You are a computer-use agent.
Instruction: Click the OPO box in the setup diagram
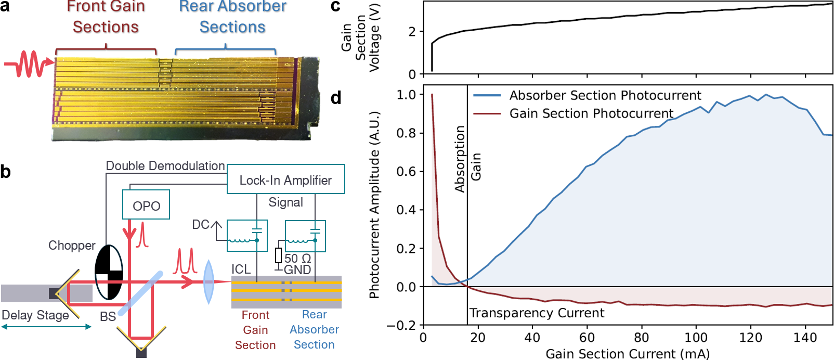pyautogui.click(x=146, y=205)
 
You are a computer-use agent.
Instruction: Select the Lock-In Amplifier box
pyautogui.click(x=285, y=179)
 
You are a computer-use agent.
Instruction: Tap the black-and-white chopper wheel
pyautogui.click(x=109, y=272)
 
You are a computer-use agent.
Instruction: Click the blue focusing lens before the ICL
pyautogui.click(x=208, y=282)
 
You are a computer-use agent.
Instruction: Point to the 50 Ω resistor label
pyautogui.click(x=297, y=258)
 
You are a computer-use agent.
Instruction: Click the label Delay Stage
pyautogui.click(x=35, y=315)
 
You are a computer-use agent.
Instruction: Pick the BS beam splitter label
pyautogui.click(x=108, y=316)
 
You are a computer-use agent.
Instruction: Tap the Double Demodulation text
pyautogui.click(x=165, y=166)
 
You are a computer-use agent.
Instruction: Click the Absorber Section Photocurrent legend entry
pyautogui.click(x=605, y=95)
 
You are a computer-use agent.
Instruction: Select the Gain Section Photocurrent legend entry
pyautogui.click(x=591, y=113)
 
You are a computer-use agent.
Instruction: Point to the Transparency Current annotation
pyautogui.click(x=537, y=313)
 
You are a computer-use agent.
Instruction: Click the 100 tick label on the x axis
pyautogui.click(x=696, y=338)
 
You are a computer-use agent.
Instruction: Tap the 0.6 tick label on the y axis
pyautogui.click(x=406, y=171)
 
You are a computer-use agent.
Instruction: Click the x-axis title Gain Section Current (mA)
pyautogui.click(x=628, y=354)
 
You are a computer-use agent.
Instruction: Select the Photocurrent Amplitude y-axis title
pyautogui.click(x=374, y=204)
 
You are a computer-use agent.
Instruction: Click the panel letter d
pyautogui.click(x=336, y=98)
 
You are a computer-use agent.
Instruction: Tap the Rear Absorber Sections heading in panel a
pyautogui.click(x=232, y=17)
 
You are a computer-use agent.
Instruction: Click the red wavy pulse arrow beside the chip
pyautogui.click(x=29, y=63)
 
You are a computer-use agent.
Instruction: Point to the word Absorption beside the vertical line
pyautogui.click(x=460, y=159)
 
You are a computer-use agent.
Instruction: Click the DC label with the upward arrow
pyautogui.click(x=201, y=225)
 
